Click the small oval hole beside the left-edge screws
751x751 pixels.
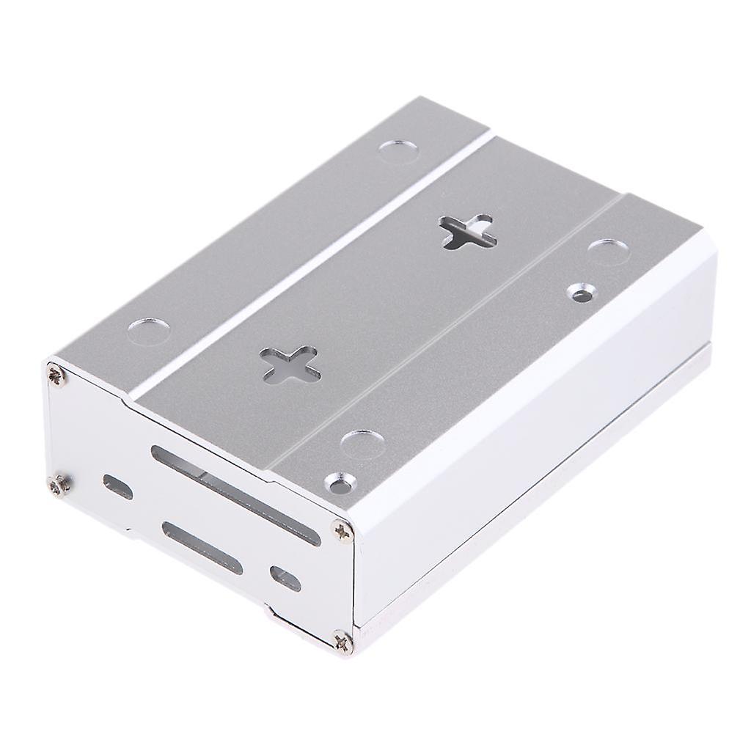tap(117, 486)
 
